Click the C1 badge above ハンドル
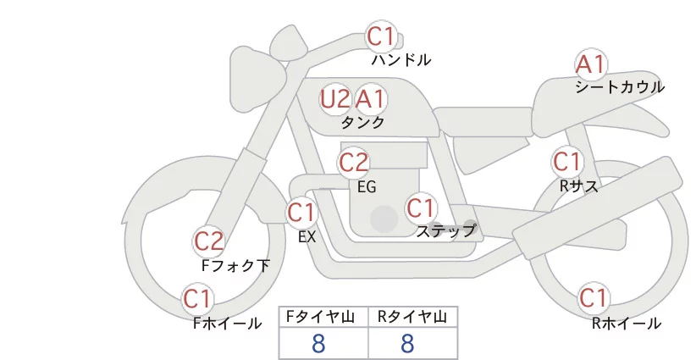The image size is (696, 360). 381,36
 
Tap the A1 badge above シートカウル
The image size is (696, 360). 590,64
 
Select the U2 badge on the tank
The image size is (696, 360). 335,99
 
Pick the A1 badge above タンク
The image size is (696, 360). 370,99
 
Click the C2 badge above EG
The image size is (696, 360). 354,162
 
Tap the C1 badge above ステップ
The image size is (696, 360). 421,208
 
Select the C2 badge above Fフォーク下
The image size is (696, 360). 209,241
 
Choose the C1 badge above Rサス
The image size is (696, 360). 566,161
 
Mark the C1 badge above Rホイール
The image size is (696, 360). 593,298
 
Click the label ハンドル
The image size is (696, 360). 401,60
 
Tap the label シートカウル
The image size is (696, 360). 620,87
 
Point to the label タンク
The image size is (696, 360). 362,122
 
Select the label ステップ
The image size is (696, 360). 445,230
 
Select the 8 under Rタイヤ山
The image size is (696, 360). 407,344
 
